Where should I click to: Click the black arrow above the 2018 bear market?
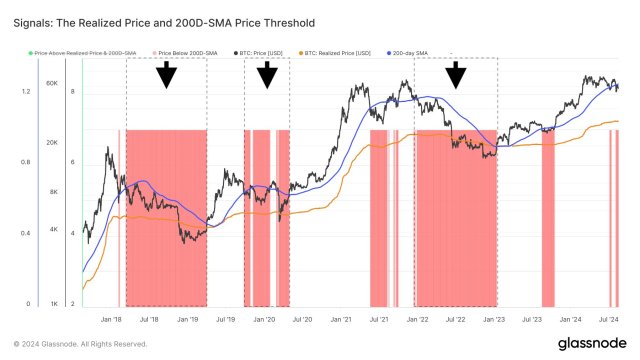point(167,74)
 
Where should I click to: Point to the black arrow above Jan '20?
point(267,74)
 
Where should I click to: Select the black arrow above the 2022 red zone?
point(456,74)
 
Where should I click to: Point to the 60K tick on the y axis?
point(53,83)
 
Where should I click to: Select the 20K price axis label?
point(53,143)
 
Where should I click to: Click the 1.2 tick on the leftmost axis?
point(26,91)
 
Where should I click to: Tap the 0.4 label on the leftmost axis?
point(26,234)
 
